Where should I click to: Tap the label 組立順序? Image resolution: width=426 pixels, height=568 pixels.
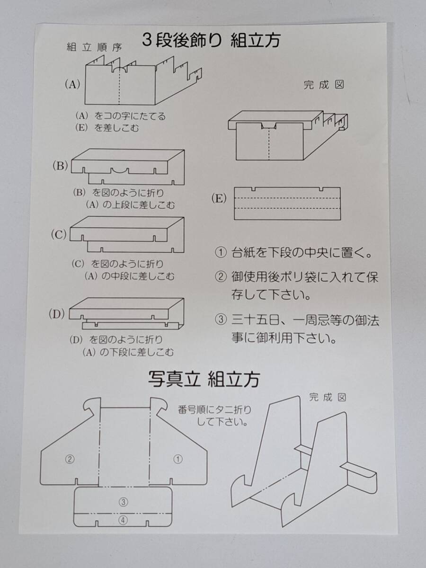(94, 47)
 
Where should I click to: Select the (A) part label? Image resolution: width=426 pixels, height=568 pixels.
(72, 84)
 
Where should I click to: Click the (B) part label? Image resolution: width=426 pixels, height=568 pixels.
(60, 166)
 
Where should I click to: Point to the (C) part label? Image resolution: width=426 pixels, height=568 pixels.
(59, 235)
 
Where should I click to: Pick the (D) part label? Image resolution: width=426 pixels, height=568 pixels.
(57, 314)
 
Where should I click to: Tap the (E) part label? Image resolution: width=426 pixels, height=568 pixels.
(219, 198)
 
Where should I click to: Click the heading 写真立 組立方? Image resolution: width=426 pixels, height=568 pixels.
(204, 379)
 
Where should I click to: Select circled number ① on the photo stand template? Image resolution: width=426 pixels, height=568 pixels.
(177, 459)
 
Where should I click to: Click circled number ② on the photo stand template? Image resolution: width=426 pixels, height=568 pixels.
(70, 459)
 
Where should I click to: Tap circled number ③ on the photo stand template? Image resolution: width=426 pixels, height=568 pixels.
(123, 502)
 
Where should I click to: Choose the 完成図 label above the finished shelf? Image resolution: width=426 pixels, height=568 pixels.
(324, 85)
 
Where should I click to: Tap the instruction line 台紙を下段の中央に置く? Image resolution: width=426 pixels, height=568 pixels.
(302, 253)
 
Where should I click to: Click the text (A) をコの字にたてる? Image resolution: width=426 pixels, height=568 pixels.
(120, 116)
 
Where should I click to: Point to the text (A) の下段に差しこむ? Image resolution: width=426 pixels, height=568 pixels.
(128, 352)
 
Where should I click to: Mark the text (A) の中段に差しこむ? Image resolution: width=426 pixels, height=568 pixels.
(129, 276)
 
